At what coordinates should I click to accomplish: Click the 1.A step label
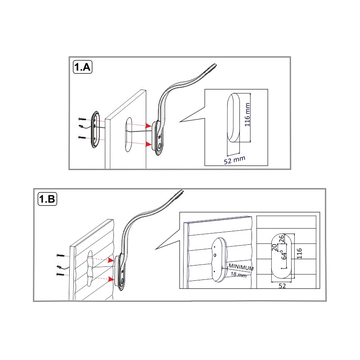[x=82, y=67]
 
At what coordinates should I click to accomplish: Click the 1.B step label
[x=47, y=199]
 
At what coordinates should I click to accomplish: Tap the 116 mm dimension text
[x=247, y=115]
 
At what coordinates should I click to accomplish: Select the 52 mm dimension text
[x=234, y=160]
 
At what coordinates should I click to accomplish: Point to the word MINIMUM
[x=241, y=267]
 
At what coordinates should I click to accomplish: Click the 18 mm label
[x=238, y=274]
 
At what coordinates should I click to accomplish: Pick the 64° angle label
[x=284, y=254]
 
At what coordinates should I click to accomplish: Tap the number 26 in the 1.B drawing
[x=282, y=239]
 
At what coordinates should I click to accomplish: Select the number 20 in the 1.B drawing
[x=274, y=247]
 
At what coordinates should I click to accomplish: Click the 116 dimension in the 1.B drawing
[x=299, y=253]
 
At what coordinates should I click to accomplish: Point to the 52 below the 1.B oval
[x=282, y=286]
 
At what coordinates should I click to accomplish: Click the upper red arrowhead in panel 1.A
[x=148, y=126]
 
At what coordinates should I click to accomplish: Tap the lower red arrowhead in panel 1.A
[x=148, y=144]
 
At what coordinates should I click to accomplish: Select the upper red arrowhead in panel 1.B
[x=111, y=260]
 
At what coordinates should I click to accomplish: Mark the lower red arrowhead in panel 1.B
[x=111, y=279]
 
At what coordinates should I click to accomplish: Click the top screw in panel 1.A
[x=82, y=119]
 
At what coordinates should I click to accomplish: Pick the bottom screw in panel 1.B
[x=60, y=274]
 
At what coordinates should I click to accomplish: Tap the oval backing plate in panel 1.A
[x=95, y=129]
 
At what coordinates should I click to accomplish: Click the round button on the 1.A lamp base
[x=160, y=146]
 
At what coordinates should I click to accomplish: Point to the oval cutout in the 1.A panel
[x=129, y=135]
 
